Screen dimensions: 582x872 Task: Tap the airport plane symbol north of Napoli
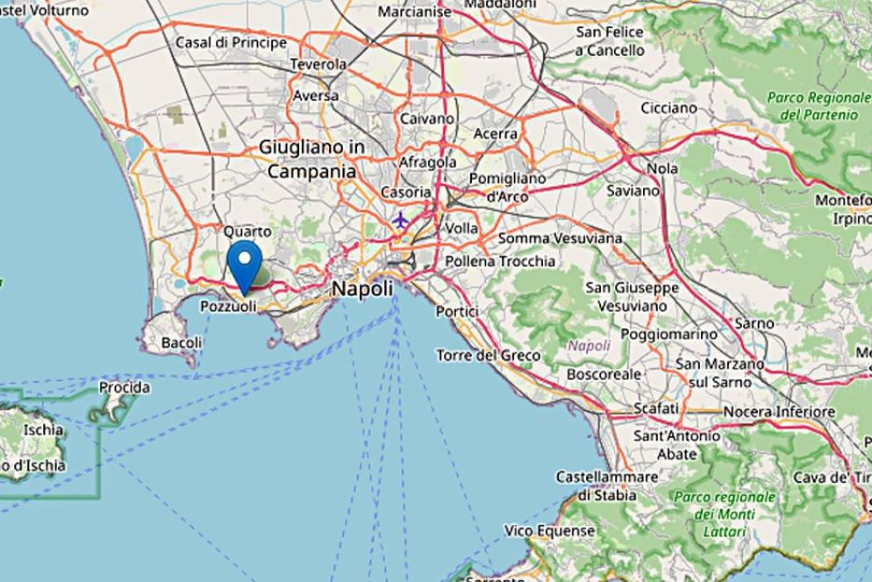(401, 219)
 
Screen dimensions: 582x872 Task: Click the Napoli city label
(361, 289)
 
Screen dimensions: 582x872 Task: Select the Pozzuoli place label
(228, 306)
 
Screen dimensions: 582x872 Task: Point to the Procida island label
(124, 387)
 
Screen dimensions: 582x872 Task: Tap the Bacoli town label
(182, 341)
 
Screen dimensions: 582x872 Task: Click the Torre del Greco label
(489, 356)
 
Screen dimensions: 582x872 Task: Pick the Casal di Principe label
(232, 42)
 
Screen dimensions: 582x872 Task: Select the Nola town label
(661, 168)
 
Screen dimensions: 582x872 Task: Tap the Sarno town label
(754, 323)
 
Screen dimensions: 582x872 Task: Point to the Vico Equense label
(550, 531)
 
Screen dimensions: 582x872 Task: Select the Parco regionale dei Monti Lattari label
(725, 514)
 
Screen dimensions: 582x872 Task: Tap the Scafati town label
(656, 408)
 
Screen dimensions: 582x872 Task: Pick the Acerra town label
(496, 133)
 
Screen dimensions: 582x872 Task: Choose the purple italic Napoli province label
(589, 346)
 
